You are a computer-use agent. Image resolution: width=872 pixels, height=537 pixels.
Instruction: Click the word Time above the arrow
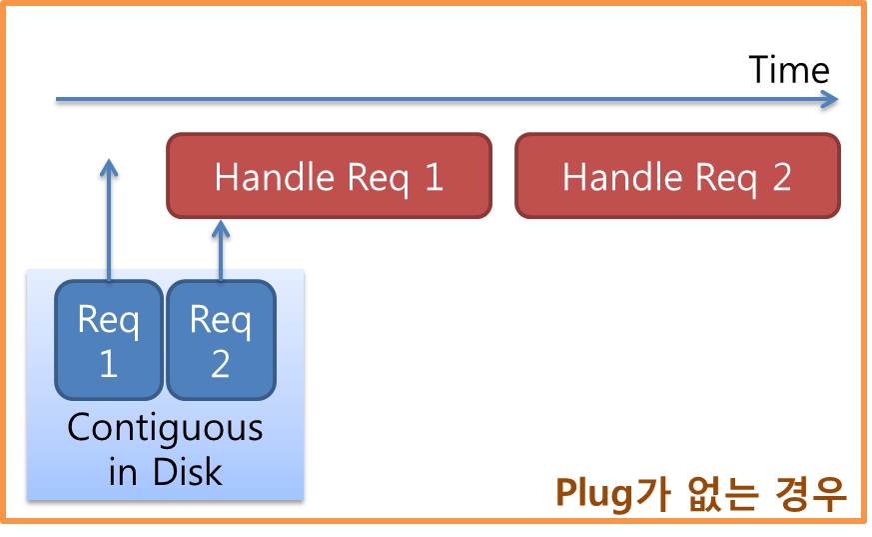[x=788, y=70]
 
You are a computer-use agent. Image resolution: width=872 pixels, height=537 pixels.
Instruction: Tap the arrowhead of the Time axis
[x=830, y=100]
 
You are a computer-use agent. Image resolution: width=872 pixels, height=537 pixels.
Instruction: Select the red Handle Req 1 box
[x=330, y=175]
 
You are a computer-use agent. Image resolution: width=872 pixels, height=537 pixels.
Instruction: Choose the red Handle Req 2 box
[x=677, y=175]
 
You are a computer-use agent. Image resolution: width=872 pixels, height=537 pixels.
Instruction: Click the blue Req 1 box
[x=109, y=339]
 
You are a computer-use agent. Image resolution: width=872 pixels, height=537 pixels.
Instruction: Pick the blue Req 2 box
[x=222, y=339]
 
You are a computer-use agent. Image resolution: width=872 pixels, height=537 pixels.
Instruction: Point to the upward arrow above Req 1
[x=109, y=219]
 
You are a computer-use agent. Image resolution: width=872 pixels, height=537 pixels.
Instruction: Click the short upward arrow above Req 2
[x=221, y=250]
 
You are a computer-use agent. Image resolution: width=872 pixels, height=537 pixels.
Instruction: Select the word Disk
[x=188, y=472]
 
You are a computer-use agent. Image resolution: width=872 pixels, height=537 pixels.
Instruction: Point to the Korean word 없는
[x=723, y=493]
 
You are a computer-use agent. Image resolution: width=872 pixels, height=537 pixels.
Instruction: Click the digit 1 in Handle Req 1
[x=434, y=177]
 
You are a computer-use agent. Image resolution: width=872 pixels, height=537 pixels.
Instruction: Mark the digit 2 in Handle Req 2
[x=781, y=177]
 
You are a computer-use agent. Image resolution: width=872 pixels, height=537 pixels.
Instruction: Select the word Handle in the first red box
[x=275, y=176]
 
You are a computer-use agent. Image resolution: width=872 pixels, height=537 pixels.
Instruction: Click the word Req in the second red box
[x=726, y=178]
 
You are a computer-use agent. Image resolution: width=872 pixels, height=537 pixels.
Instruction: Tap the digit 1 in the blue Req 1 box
[x=109, y=364]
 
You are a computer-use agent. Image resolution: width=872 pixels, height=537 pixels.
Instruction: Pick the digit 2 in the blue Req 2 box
[x=220, y=364]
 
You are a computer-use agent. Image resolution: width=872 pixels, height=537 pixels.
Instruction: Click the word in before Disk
[x=123, y=473]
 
